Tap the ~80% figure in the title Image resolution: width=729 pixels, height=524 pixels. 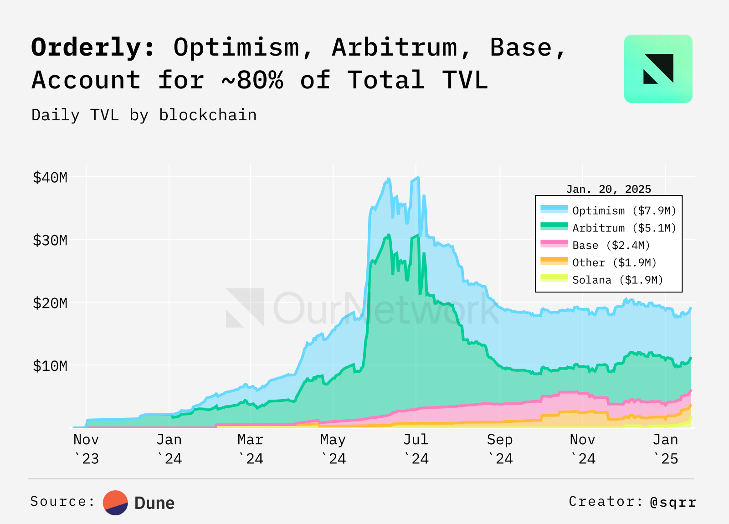(x=252, y=80)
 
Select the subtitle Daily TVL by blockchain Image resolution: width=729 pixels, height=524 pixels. (x=144, y=115)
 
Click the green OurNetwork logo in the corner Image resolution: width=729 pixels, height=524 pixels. (x=658, y=69)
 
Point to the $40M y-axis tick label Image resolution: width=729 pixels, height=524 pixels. (x=50, y=177)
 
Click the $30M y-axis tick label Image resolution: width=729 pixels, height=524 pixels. (x=50, y=240)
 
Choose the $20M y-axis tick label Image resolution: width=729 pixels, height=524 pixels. (x=50, y=303)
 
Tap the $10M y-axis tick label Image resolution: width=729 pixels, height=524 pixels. (x=50, y=366)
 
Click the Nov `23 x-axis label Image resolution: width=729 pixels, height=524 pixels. (x=86, y=449)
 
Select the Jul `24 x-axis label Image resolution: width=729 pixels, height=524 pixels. (x=416, y=449)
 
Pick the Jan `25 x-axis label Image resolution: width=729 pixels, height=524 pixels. (x=666, y=449)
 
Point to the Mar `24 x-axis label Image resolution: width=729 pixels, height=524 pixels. (x=251, y=449)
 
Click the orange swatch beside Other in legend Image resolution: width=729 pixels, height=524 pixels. (x=554, y=261)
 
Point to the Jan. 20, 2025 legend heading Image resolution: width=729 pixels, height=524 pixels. (x=608, y=189)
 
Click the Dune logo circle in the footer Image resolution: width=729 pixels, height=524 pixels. (x=115, y=503)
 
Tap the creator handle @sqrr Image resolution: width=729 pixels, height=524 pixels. (x=673, y=502)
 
